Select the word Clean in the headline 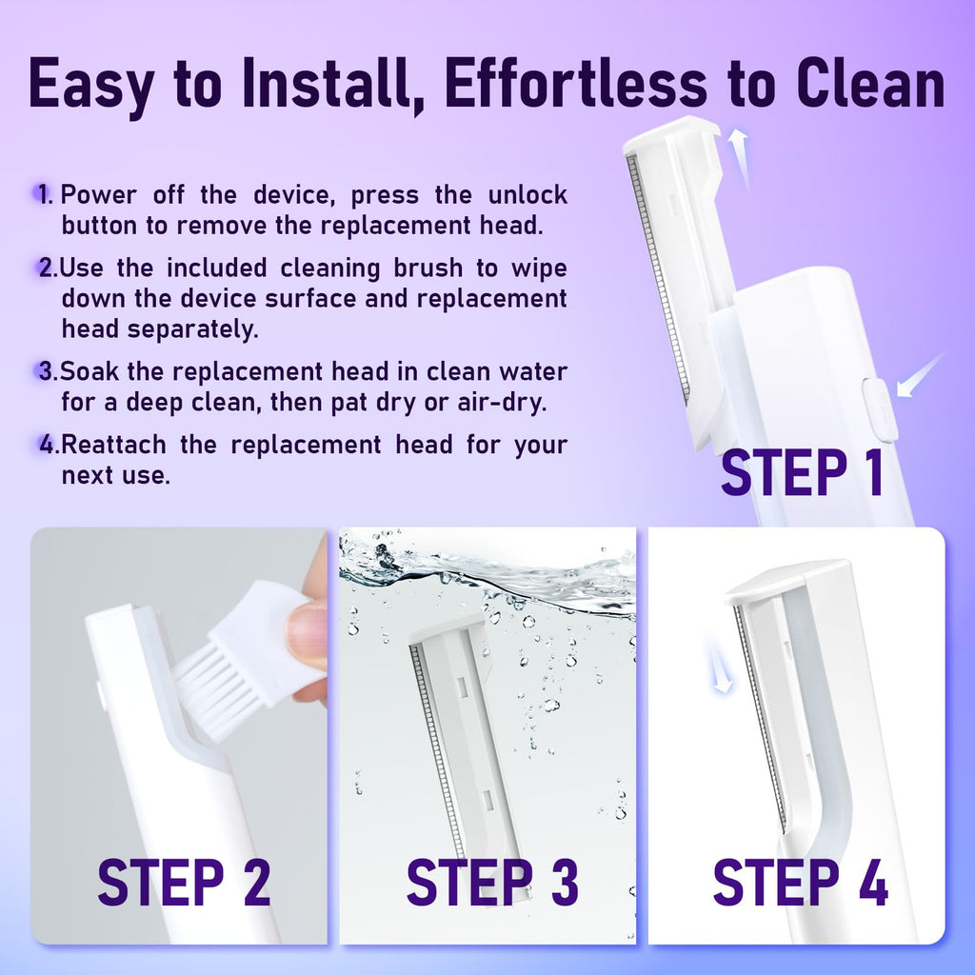(870, 84)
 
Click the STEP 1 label (802, 472)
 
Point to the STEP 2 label (184, 883)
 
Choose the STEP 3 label (492, 883)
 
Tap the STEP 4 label (800, 883)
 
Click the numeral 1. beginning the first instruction (46, 194)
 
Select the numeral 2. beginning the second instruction (48, 268)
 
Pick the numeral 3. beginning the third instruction (48, 371)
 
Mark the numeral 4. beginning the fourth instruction (50, 445)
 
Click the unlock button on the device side (880, 409)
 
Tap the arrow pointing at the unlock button (920, 375)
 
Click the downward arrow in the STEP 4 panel (718, 666)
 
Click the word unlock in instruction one (527, 194)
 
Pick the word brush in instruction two (428, 268)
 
